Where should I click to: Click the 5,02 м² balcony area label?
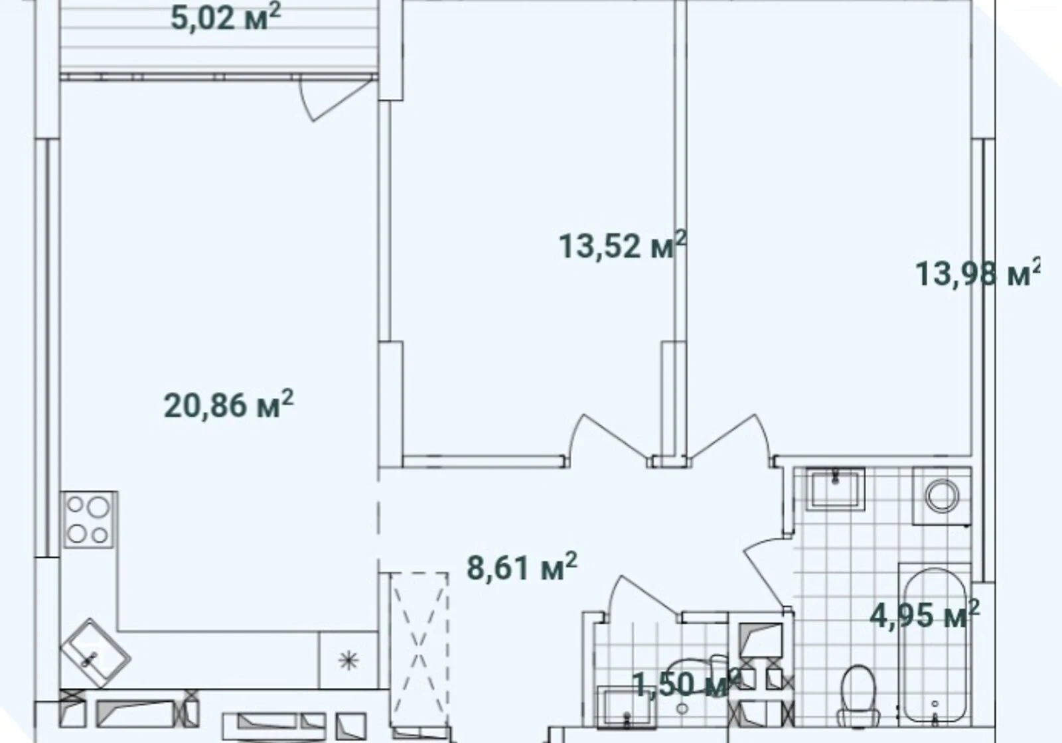226,17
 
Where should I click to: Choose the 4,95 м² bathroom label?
925,614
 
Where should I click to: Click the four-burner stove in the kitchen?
89,520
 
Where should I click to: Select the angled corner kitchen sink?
96,653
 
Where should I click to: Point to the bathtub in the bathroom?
934,645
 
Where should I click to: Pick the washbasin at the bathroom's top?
836,488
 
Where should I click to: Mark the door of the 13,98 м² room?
730,439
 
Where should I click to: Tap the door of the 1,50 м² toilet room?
644,598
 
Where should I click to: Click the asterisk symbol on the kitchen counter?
348,661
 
